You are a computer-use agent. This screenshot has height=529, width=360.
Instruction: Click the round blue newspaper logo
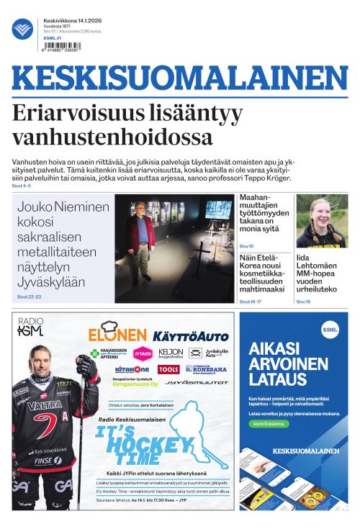tap(23, 29)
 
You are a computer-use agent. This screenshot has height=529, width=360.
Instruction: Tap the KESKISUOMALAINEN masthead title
tap(179, 80)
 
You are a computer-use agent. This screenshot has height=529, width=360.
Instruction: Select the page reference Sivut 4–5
tap(22, 186)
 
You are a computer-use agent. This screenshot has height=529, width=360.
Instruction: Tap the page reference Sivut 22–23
tap(29, 297)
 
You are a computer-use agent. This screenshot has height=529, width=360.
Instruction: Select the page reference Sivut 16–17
tap(250, 302)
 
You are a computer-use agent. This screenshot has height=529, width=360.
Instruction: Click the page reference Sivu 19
tap(303, 302)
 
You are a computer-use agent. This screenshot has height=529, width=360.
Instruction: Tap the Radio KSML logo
tap(30, 328)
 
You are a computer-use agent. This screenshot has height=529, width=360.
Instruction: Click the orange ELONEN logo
tap(117, 334)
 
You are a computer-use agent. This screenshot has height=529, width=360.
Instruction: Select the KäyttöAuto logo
tap(191, 336)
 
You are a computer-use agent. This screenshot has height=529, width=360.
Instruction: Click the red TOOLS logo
tap(168, 369)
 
